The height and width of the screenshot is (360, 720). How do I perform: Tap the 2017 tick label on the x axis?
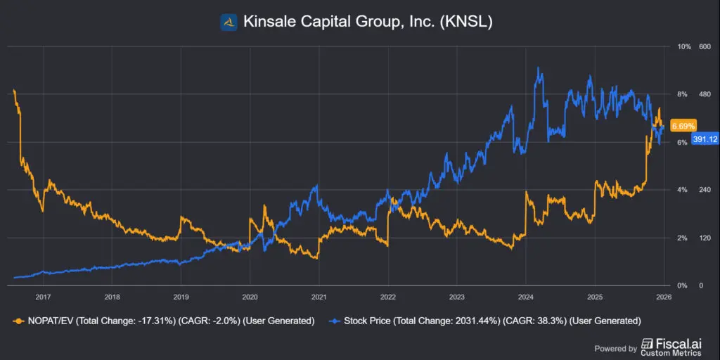coord(43,296)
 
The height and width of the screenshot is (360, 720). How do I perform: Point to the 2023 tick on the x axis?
coord(457,296)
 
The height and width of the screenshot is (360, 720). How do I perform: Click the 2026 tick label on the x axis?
coord(664,296)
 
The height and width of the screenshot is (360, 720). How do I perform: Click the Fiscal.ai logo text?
coord(676,345)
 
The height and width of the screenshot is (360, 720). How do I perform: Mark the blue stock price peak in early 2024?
coord(538,69)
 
